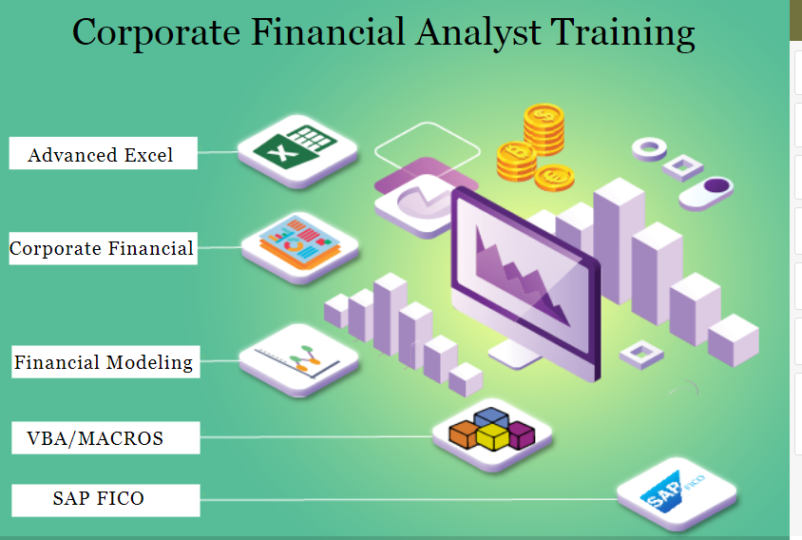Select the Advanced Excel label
[x=102, y=154]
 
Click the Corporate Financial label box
[x=102, y=248]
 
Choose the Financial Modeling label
[x=104, y=362]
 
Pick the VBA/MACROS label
[x=95, y=438]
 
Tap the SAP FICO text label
[x=99, y=498]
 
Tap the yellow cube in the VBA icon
[x=492, y=437]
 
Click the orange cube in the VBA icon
[x=464, y=434]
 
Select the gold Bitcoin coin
[x=514, y=156]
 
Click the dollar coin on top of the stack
[x=544, y=116]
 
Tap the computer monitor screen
[x=520, y=272]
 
